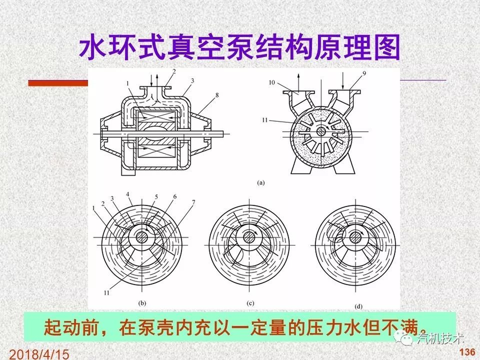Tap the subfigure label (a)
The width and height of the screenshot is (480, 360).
click(261, 183)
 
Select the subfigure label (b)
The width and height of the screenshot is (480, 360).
click(142, 303)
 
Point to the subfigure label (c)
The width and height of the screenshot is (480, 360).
click(250, 303)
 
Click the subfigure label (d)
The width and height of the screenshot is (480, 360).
click(358, 306)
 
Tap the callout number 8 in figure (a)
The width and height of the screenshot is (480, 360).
click(217, 95)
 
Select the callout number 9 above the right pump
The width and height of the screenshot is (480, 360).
click(364, 74)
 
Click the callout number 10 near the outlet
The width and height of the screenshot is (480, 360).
click(272, 83)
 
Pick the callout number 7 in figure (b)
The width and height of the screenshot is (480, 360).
click(194, 202)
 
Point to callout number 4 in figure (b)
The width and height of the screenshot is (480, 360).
click(128, 194)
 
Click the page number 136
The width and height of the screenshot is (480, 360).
click(467, 352)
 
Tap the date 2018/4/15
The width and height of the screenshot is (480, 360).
click(39, 354)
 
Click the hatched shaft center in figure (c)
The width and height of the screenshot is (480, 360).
click(249, 238)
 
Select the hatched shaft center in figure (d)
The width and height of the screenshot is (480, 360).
click(355, 238)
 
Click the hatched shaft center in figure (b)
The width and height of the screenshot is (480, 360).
click(142, 237)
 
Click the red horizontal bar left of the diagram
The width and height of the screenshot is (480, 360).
click(58, 83)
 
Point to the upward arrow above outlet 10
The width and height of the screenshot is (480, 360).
click(299, 83)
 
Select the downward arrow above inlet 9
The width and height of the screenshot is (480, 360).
click(343, 81)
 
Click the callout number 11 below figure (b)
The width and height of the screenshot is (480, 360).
click(107, 293)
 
